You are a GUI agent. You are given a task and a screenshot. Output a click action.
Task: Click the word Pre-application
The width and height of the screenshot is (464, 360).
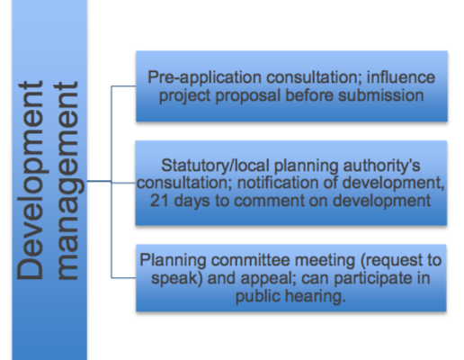pyautogui.click(x=204, y=78)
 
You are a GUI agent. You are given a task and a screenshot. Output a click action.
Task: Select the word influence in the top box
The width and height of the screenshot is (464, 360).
pyautogui.click(x=401, y=77)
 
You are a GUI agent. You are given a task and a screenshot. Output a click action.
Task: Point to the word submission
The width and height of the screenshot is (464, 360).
pyautogui.click(x=381, y=95)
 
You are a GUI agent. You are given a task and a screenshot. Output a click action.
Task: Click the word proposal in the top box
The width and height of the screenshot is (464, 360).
pyautogui.click(x=247, y=96)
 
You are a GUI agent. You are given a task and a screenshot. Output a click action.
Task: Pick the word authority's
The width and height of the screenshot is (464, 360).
pyautogui.click(x=381, y=166)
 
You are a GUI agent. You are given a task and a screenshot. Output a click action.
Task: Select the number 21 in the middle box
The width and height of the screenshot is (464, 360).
pyautogui.click(x=159, y=201)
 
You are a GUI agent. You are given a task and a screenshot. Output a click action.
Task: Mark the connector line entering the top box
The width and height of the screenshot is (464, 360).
pyautogui.click(x=123, y=86)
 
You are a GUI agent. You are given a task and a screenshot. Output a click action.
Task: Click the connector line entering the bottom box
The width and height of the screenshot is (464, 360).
pyautogui.click(x=123, y=278)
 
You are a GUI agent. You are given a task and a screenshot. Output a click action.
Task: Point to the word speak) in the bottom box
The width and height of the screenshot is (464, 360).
pyautogui.click(x=176, y=279)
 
